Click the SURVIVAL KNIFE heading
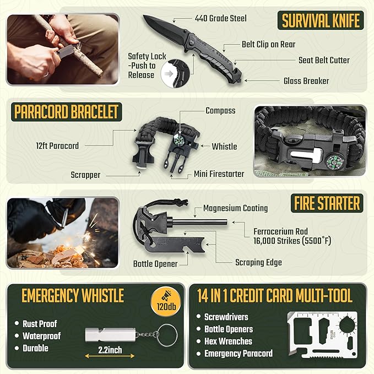tap(321, 21)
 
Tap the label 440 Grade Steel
tap(220, 18)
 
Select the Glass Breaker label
tap(306, 81)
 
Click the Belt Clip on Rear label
tap(268, 44)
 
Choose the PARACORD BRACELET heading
tap(67, 113)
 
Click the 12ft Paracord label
tap(57, 146)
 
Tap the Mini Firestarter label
tap(219, 174)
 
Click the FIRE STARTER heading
tap(326, 204)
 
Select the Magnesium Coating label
tap(235, 208)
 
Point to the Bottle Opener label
tap(155, 264)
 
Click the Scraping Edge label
tap(258, 263)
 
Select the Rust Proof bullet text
tap(40, 324)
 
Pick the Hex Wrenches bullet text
tap(229, 342)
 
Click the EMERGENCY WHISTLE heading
tap(73, 296)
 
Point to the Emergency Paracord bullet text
tap(239, 354)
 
